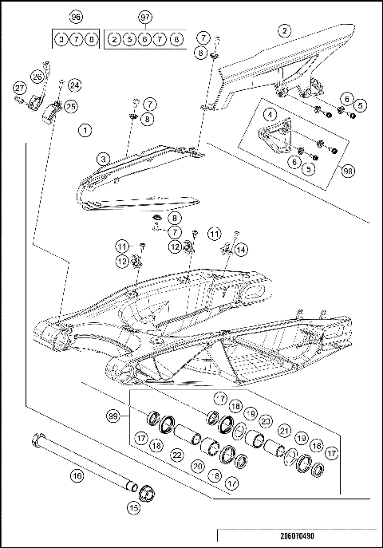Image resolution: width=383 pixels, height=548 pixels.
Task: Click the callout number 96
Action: point(77,17)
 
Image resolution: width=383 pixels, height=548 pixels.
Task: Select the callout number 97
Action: point(144,17)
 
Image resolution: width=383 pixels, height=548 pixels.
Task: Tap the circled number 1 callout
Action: point(85,128)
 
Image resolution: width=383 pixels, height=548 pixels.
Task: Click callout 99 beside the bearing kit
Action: point(114,416)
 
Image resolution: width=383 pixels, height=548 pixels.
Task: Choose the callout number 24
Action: point(73,85)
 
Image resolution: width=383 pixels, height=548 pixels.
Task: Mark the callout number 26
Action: point(38,77)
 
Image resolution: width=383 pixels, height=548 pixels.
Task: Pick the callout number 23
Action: point(267,420)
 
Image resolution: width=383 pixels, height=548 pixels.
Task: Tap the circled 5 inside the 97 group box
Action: point(130,38)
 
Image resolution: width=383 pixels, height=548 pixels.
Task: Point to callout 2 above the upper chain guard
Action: point(282,31)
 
